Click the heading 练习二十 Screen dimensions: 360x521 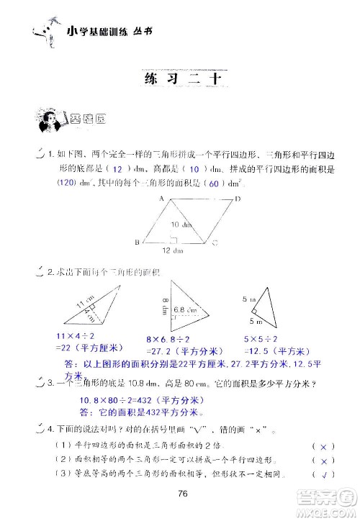point(180,79)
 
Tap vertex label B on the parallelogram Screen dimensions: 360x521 point(137,242)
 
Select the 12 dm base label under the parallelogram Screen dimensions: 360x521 point(171,250)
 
